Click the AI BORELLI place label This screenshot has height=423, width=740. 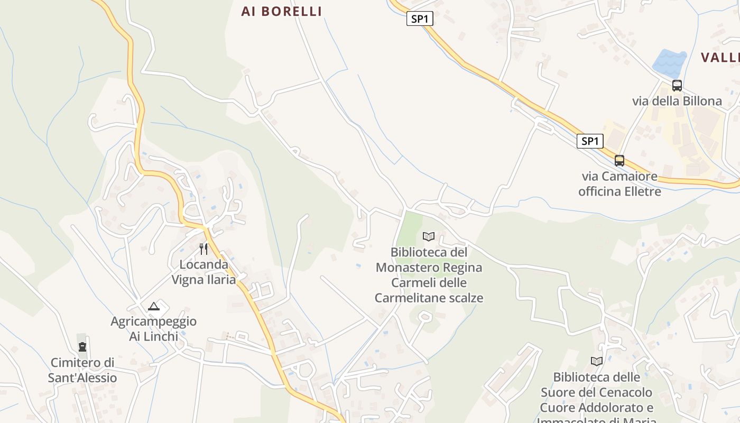tap(281, 11)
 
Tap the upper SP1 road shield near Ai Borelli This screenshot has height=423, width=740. tap(420, 19)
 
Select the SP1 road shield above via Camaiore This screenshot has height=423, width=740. tap(590, 141)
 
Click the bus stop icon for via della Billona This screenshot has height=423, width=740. tap(677, 85)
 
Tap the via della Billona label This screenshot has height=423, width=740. tap(677, 101)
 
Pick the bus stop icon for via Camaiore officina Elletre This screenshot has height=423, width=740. tap(619, 160)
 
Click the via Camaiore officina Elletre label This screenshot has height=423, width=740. tap(619, 183)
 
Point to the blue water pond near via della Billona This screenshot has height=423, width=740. tap(669, 63)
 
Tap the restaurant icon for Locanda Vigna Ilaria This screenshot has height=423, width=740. tap(203, 249)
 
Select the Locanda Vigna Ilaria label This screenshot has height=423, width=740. tap(203, 272)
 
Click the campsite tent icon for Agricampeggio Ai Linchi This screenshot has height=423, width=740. tap(153, 306)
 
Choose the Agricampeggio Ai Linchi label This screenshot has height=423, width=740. tap(153, 328)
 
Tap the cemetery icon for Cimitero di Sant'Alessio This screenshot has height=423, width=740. tap(82, 347)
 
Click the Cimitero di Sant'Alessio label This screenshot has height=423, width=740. tap(82, 370)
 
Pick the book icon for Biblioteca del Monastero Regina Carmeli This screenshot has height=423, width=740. tap(429, 236)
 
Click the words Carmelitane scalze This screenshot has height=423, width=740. tap(429, 298)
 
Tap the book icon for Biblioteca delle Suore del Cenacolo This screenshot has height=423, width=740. tap(597, 361)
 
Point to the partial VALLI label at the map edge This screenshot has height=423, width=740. tap(720, 58)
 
